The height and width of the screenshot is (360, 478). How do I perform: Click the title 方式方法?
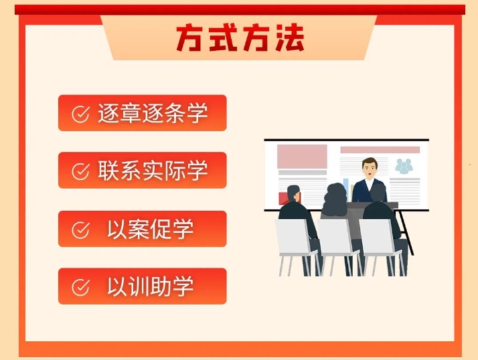(x=240, y=37)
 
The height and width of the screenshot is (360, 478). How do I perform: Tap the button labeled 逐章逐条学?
(x=143, y=113)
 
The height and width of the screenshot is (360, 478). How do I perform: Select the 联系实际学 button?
(x=143, y=170)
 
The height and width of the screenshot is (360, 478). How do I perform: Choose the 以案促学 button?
(x=143, y=229)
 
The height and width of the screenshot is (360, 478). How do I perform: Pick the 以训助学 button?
(x=143, y=286)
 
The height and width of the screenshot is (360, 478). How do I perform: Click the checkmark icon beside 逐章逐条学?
(x=80, y=114)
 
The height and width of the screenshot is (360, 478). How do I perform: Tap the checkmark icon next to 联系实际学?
(x=80, y=171)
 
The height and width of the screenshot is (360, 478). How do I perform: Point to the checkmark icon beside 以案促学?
(x=80, y=230)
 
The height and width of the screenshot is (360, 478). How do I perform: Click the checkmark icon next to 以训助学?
(x=80, y=287)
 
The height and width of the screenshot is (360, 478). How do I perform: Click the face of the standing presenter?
(x=370, y=170)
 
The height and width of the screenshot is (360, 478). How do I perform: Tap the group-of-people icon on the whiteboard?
(x=404, y=166)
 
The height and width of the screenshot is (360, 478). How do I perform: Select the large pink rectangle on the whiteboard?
(x=302, y=157)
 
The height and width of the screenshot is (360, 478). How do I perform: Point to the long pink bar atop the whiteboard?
(x=380, y=150)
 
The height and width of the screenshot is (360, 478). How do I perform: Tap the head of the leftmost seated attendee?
(x=293, y=194)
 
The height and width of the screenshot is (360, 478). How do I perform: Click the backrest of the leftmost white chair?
(x=292, y=237)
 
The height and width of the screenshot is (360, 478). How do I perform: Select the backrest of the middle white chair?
(x=335, y=237)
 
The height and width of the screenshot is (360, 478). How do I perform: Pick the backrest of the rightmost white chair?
(x=376, y=237)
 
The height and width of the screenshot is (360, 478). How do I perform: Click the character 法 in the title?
(x=290, y=37)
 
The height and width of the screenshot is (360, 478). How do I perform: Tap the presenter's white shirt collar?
(x=370, y=184)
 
